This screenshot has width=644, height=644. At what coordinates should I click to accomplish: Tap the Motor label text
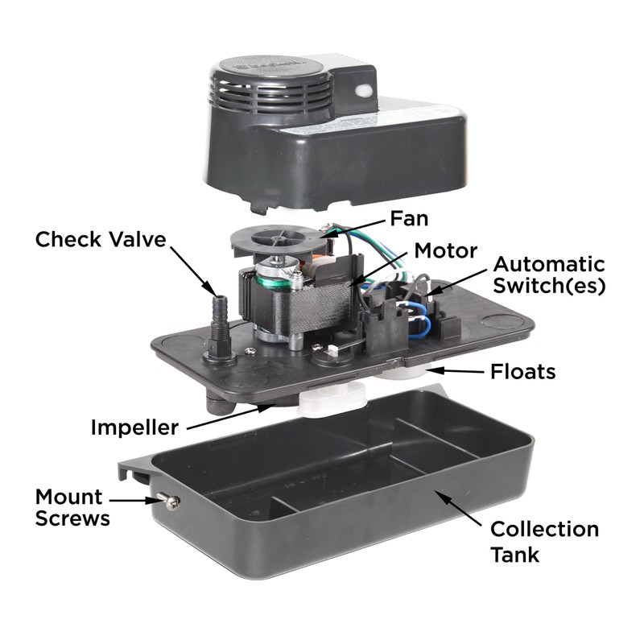pyautogui.click(x=445, y=250)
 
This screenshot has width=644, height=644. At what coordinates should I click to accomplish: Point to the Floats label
pyautogui.click(x=524, y=373)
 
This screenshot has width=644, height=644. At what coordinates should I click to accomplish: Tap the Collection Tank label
pyautogui.click(x=544, y=541)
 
